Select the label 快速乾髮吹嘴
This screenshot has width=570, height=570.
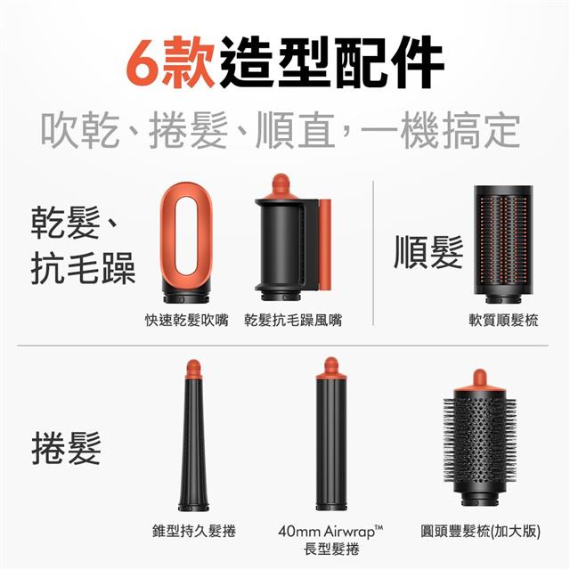click(x=187, y=321)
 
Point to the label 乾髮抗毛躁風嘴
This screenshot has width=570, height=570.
click(x=293, y=321)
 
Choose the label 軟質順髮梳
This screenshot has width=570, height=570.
click(x=503, y=321)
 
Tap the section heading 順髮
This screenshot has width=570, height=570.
click(x=428, y=251)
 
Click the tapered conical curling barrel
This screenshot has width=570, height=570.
click(x=193, y=436)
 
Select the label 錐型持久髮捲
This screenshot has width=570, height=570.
click(x=194, y=531)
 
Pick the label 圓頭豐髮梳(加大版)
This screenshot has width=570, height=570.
click(x=480, y=532)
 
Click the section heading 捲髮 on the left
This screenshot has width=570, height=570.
click(x=66, y=448)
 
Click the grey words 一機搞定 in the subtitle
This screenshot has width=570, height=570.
click(x=440, y=130)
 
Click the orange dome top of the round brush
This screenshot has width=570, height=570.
click(x=480, y=380)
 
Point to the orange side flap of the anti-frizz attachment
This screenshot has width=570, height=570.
click(x=324, y=244)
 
